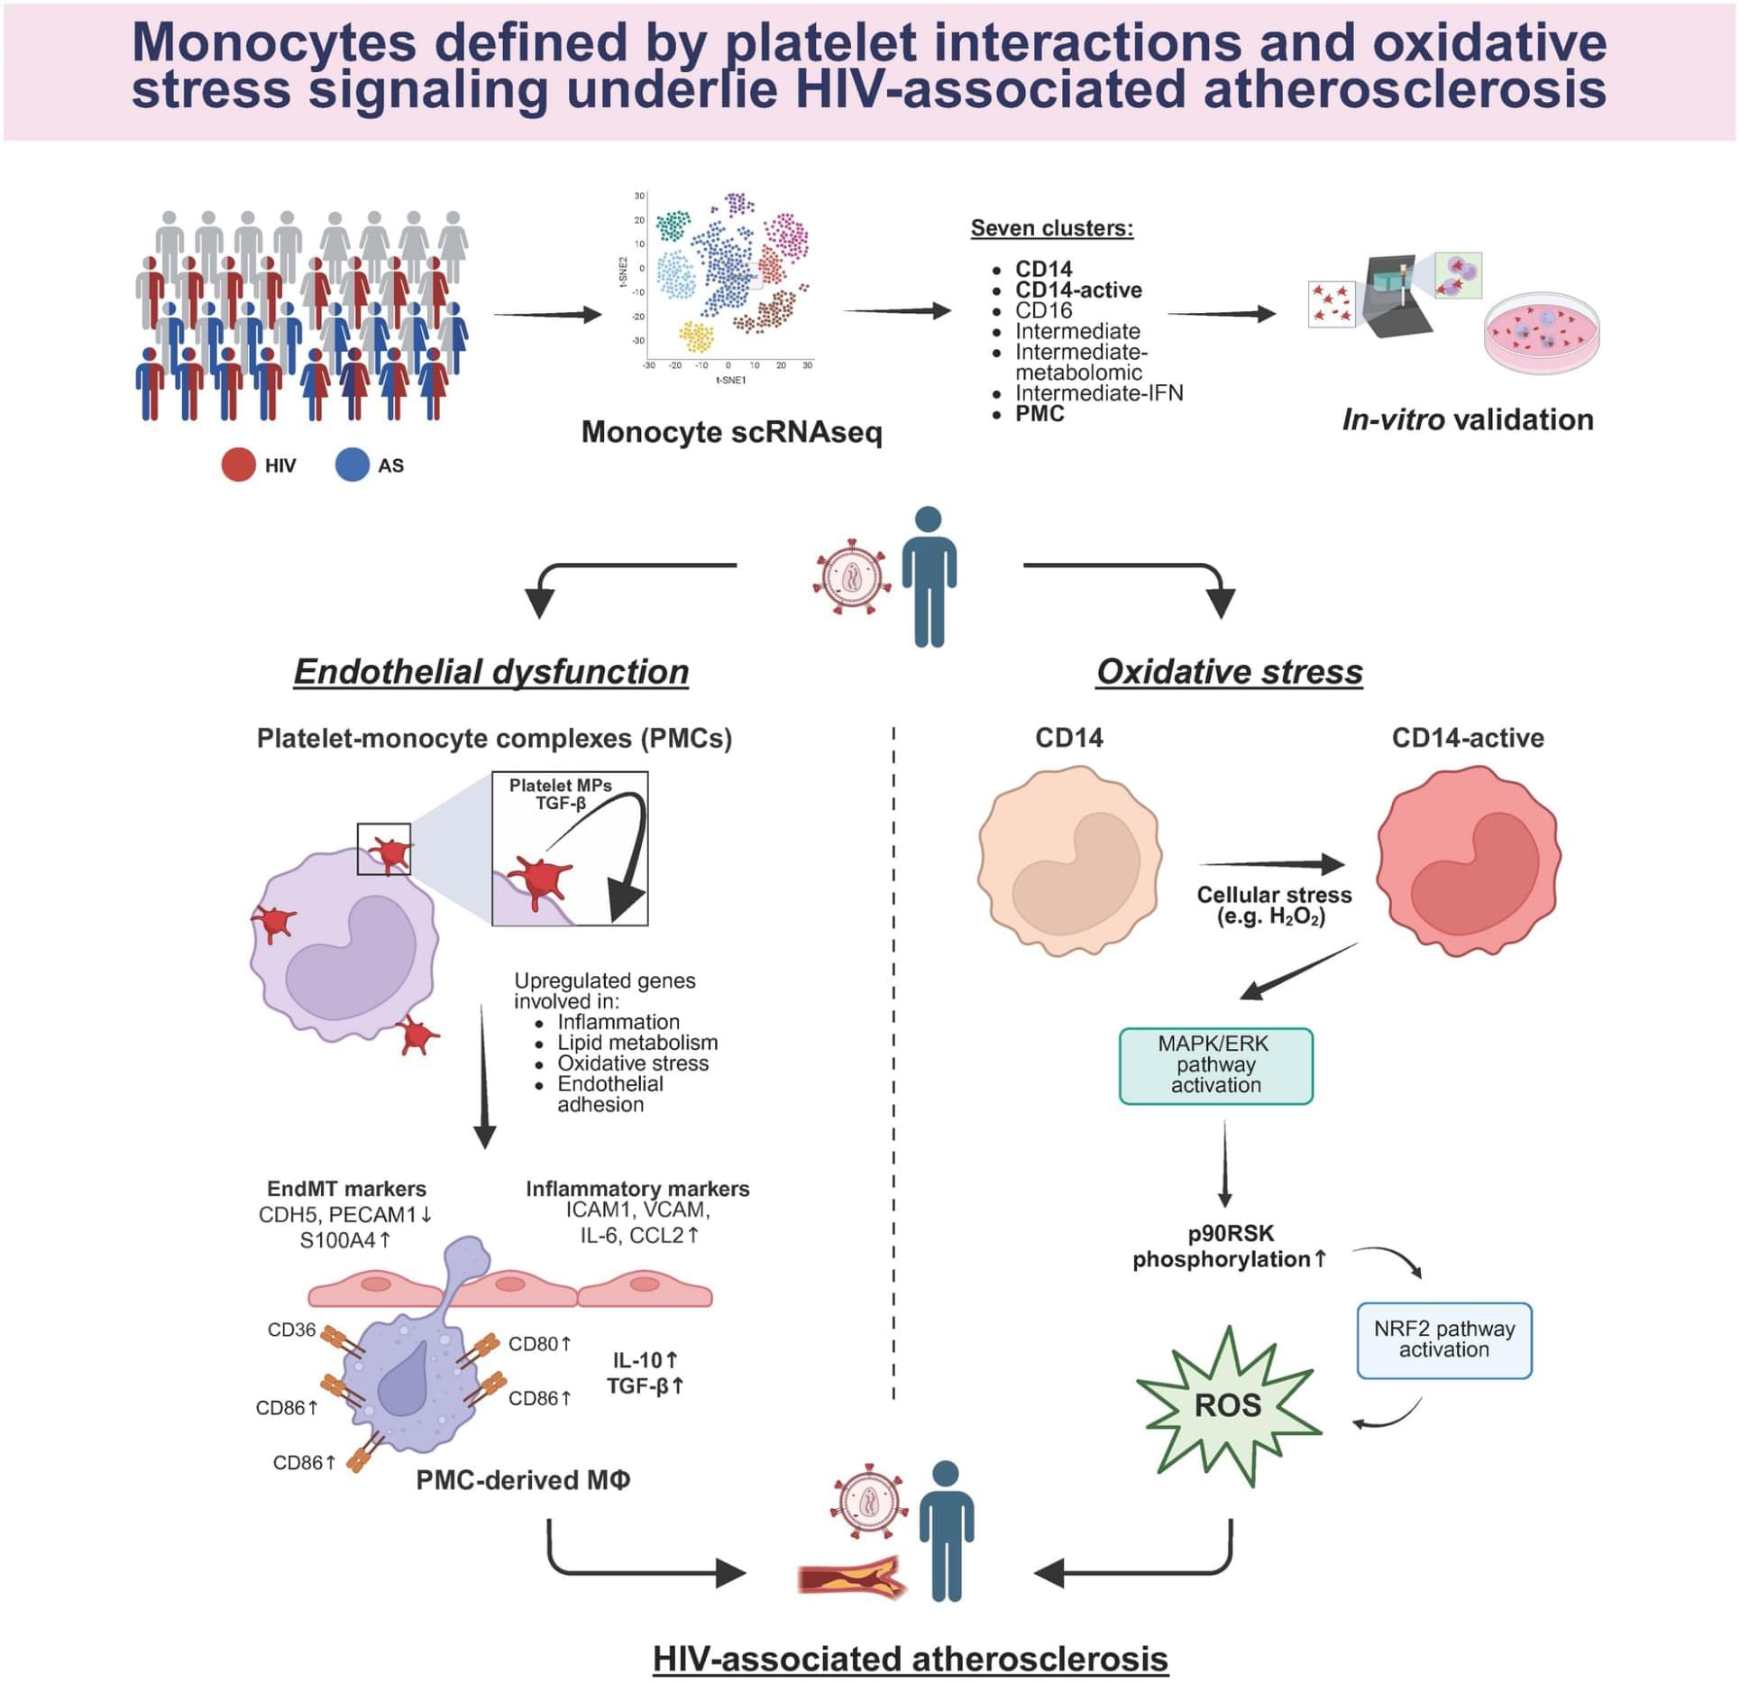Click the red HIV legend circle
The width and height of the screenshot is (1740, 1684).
pos(238,465)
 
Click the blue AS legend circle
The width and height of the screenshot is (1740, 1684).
pos(352,465)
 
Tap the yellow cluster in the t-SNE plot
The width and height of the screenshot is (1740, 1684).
pos(696,336)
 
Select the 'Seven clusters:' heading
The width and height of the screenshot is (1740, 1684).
pos(1051,228)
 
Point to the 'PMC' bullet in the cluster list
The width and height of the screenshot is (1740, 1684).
pos(1039,414)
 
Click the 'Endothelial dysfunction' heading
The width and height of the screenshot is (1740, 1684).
pos(491,672)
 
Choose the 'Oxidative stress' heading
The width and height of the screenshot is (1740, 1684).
pos(1229,672)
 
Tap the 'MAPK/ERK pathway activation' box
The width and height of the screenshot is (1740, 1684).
pos(1215,1065)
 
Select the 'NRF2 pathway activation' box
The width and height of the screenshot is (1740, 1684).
pos(1443,1339)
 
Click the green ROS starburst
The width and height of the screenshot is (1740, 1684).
pos(1228,1405)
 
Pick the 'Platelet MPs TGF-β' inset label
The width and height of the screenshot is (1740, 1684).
pos(560,794)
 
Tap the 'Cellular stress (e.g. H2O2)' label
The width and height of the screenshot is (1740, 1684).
pos(1273,906)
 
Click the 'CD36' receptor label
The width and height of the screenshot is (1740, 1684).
pos(291,1330)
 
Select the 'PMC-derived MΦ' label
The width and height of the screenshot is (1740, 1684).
pos(523,1480)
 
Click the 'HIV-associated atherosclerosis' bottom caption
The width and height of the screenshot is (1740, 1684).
pos(910,1659)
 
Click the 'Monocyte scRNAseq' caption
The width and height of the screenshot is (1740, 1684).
pos(731,432)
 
